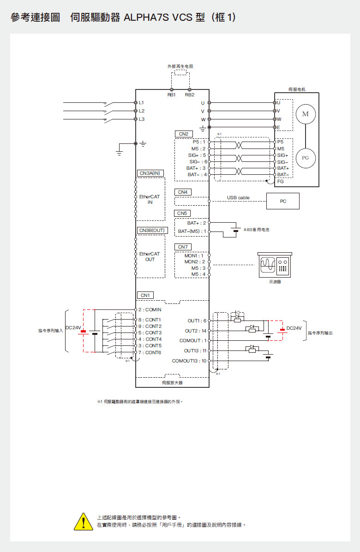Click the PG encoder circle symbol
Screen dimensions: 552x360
[305, 158]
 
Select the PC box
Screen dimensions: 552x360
[283, 201]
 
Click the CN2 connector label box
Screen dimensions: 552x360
[183, 134]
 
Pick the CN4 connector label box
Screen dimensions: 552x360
[183, 191]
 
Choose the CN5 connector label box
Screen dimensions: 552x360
[183, 213]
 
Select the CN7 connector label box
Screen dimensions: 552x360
[183, 247]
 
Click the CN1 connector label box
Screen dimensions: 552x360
[145, 295]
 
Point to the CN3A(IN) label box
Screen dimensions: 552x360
[150, 173]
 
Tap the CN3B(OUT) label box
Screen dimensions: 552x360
[151, 230]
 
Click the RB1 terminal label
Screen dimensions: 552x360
[172, 95]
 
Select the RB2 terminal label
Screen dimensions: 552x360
[189, 95]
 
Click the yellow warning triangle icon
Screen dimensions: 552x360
[84, 522]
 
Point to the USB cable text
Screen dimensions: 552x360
[238, 197]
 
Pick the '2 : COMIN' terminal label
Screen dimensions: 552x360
[150, 310]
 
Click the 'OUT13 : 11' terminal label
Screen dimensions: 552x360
[195, 350]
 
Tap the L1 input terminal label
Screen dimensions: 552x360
[141, 102]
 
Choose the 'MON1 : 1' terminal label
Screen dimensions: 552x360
[194, 255]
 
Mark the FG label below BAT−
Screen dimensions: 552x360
[281, 181]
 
